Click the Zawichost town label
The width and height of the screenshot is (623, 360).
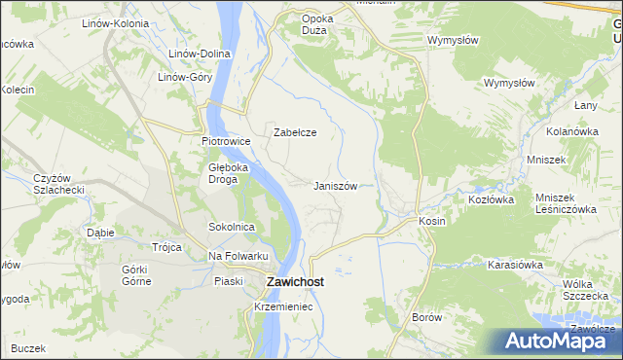coord(295,283)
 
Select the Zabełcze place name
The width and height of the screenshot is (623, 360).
coord(295,132)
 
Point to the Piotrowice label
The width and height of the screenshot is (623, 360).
coord(226,142)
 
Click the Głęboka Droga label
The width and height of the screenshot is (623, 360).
coord(230,173)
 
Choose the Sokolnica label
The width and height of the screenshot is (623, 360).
coord(232,227)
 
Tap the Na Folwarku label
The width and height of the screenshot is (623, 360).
coord(238,256)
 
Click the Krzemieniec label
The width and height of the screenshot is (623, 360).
coord(281,306)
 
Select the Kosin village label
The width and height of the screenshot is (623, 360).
coord(432,221)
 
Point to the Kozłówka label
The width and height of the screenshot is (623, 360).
coord(491,198)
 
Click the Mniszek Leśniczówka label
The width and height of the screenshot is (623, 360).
coord(565,203)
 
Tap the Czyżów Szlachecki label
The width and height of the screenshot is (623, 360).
coord(60,183)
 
